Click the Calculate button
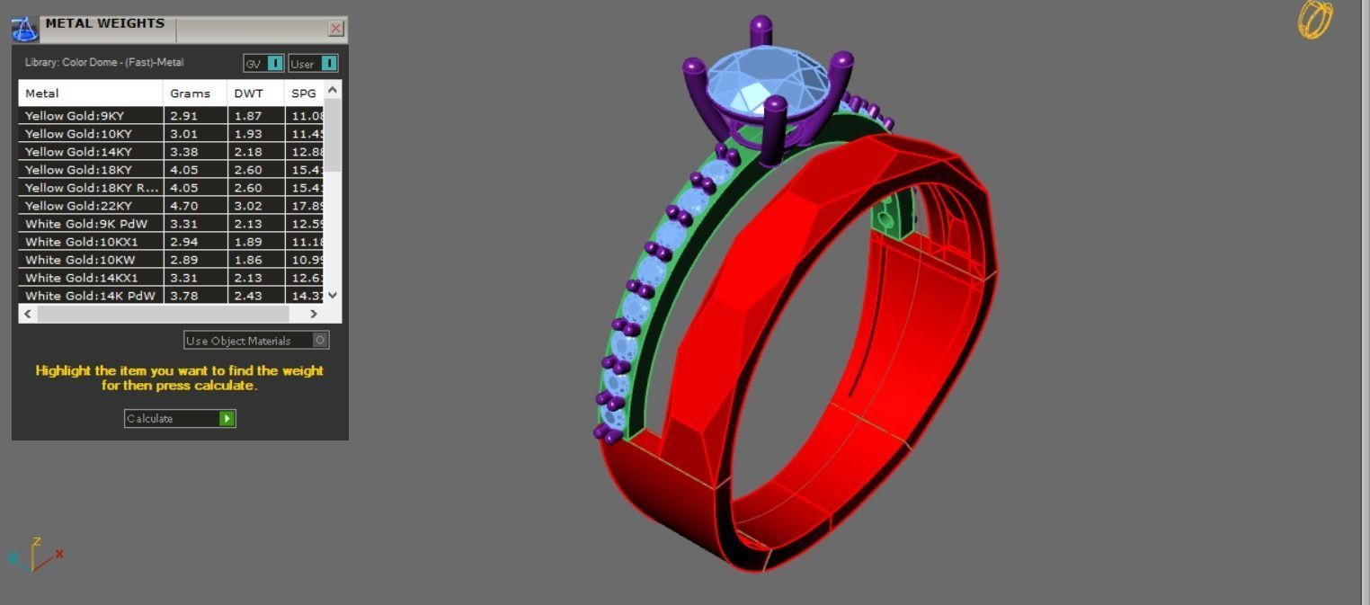pyautogui.click(x=179, y=418)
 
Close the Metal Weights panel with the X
pyautogui.click(x=336, y=29)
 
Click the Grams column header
pyautogui.click(x=190, y=93)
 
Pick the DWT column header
pyautogui.click(x=248, y=93)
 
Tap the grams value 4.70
pyautogui.click(x=183, y=206)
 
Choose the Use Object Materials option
pyautogui.click(x=256, y=340)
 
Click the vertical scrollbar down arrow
pyautogui.click(x=333, y=295)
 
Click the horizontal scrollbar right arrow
pyautogui.click(x=314, y=314)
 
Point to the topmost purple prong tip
pyautogui.click(x=761, y=24)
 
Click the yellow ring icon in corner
pyautogui.click(x=1315, y=19)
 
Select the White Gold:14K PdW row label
pyautogui.click(x=90, y=296)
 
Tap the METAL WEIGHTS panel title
pyautogui.click(x=104, y=23)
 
